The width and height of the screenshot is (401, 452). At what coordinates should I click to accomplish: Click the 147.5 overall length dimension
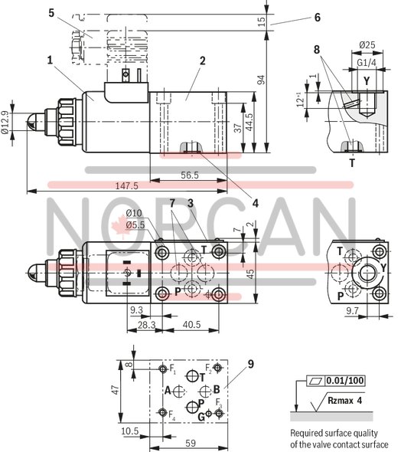127,185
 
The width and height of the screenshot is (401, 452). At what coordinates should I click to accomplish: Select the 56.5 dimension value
189,175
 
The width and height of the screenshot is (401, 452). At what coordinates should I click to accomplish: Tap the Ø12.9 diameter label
7,121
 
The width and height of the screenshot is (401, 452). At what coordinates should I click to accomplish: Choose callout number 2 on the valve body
202,61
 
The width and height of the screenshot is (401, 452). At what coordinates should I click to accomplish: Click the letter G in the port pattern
200,416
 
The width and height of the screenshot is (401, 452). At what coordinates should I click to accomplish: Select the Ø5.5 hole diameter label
135,224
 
